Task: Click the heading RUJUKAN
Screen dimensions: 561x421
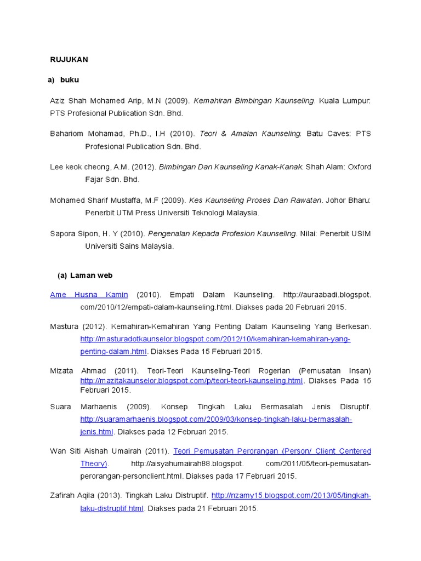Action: pos(69,59)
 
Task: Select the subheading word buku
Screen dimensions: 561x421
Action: pos(70,80)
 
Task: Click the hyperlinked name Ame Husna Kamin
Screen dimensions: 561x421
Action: pos(89,295)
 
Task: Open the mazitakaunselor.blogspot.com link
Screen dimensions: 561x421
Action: pos(191,380)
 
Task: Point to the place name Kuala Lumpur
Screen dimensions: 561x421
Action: pos(345,101)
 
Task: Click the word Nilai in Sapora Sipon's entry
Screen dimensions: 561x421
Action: pos(308,233)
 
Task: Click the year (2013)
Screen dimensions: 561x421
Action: pos(113,496)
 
